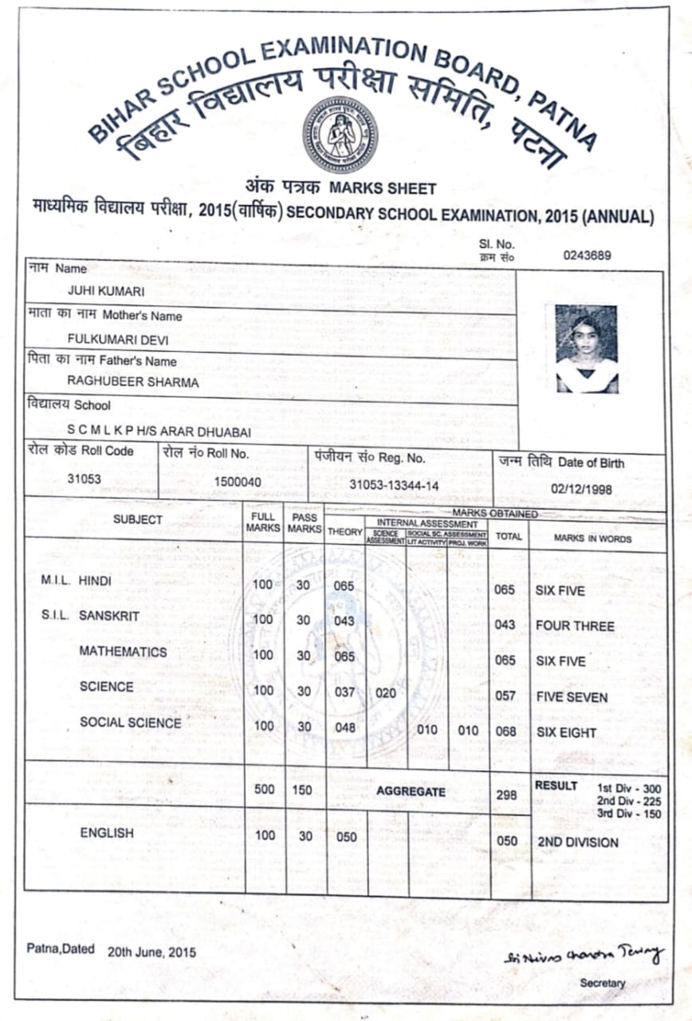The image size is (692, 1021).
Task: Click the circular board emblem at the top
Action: [x=340, y=135]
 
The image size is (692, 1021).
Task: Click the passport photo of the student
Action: [x=587, y=349]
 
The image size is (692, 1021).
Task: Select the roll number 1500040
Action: [x=237, y=482]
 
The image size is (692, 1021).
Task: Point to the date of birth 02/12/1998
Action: [x=582, y=489]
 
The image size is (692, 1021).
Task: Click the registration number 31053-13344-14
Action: [x=394, y=484]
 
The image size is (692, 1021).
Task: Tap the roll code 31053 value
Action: [x=85, y=479]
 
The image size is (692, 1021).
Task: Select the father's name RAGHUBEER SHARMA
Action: [x=133, y=382]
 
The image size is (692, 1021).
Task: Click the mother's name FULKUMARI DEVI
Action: [x=119, y=339]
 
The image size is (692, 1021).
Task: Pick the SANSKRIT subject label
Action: [x=109, y=616]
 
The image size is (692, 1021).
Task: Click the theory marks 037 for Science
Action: [x=344, y=692]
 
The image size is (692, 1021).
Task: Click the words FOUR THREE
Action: [x=575, y=626]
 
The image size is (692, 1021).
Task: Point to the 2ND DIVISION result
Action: [x=578, y=842]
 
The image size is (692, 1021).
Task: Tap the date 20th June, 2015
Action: [x=151, y=952]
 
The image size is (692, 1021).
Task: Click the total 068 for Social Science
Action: [x=505, y=731]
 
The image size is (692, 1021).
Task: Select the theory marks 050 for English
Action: [x=346, y=836]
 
